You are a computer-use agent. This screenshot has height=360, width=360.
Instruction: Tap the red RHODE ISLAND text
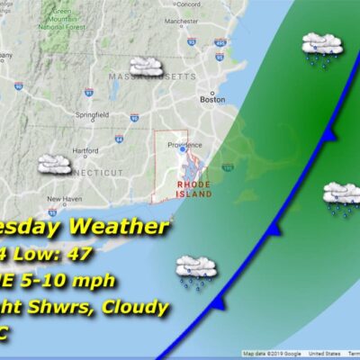coord(194,189)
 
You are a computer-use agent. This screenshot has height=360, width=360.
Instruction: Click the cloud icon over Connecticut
coord(55,164)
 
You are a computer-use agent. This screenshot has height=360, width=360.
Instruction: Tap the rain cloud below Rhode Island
coord(194,267)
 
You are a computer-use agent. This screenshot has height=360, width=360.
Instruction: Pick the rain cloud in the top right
coord(319,45)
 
